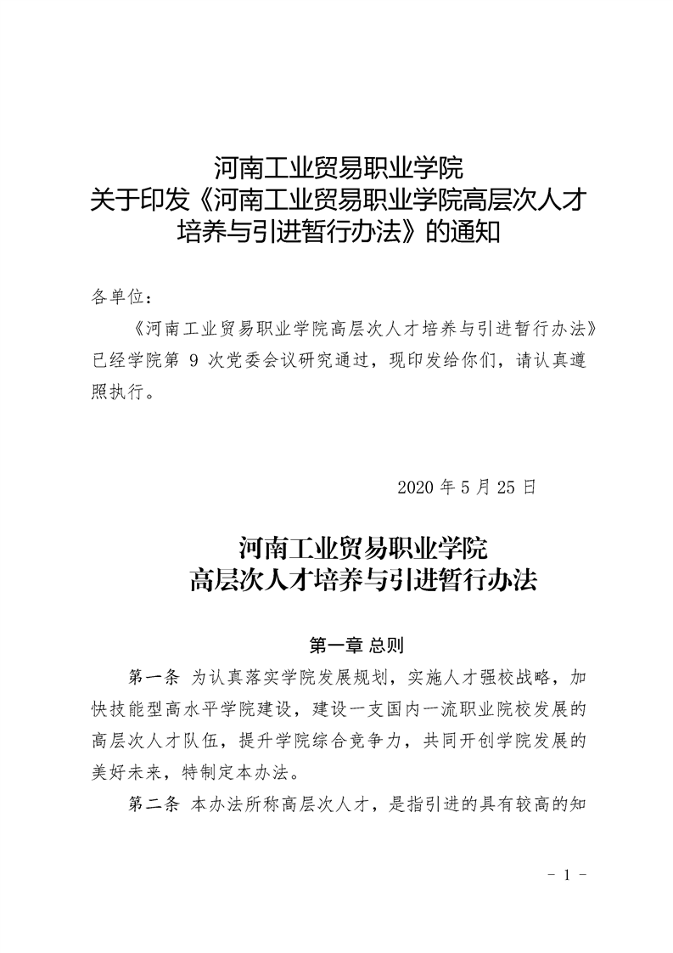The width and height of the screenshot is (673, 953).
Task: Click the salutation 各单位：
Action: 121,296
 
